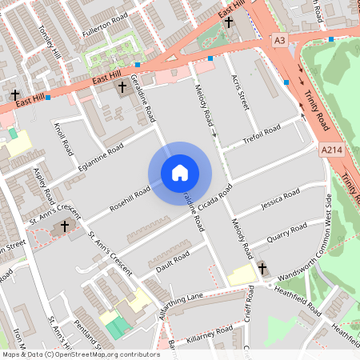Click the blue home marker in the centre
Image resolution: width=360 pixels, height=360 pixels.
click(x=180, y=173)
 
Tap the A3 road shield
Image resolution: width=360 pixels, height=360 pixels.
click(x=279, y=39)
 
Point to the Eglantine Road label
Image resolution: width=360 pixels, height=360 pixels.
click(x=101, y=157)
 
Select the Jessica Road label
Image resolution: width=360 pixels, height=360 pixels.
click(x=281, y=197)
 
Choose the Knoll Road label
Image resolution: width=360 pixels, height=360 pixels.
click(x=63, y=139)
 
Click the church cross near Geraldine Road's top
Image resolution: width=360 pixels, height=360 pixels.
click(x=122, y=86)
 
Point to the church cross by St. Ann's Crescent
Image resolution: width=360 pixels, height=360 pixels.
click(x=64, y=227)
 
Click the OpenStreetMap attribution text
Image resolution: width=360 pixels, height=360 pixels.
click(x=81, y=354)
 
